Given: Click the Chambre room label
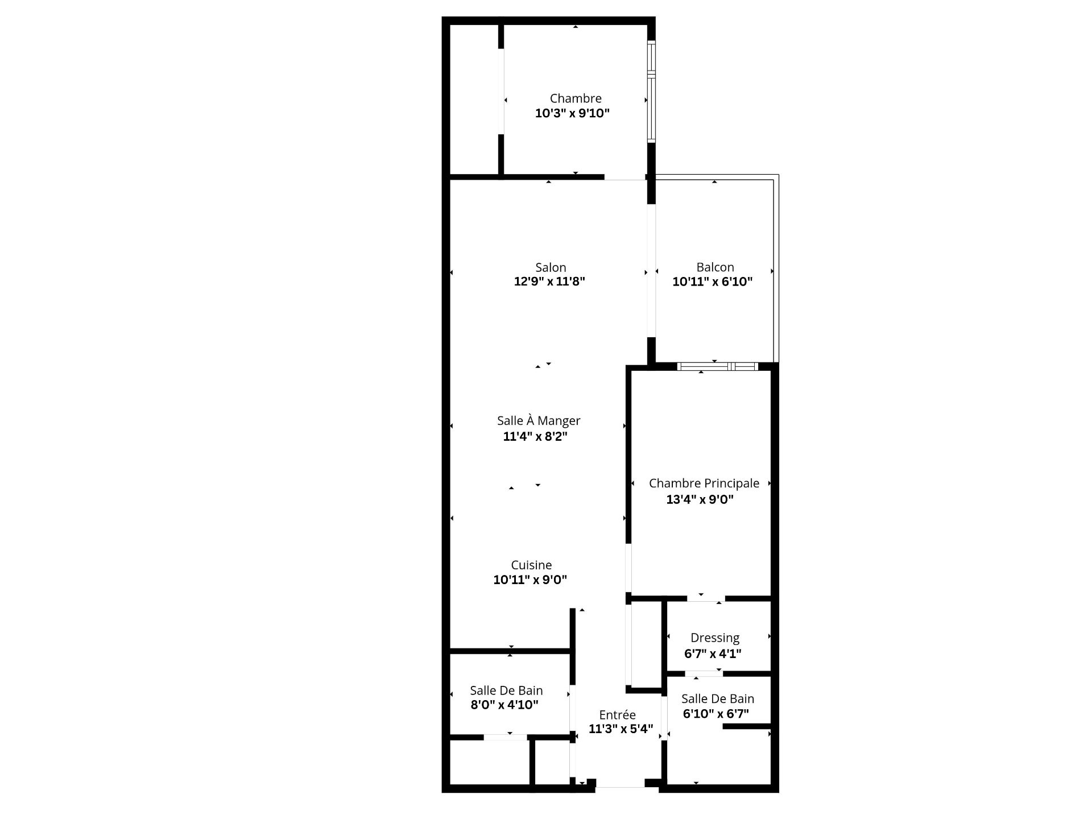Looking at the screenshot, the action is pyautogui.click(x=576, y=98).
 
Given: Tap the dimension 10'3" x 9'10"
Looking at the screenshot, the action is pyautogui.click(x=572, y=113).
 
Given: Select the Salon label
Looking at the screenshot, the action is pyautogui.click(x=551, y=267).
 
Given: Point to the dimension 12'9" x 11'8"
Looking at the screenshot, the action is pyautogui.click(x=549, y=282).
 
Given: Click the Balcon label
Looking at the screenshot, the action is pyautogui.click(x=715, y=267).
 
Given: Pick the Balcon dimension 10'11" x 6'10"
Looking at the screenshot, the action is pyautogui.click(x=713, y=282).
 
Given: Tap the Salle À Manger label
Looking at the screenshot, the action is pyautogui.click(x=539, y=421).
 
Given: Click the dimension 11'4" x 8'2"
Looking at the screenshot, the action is pyautogui.click(x=535, y=436).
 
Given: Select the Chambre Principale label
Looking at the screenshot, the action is pyautogui.click(x=704, y=483).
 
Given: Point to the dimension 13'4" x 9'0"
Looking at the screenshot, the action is pyautogui.click(x=700, y=499).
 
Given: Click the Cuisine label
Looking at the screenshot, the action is pyautogui.click(x=531, y=565).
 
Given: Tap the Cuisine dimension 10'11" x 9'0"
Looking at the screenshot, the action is pyautogui.click(x=530, y=580).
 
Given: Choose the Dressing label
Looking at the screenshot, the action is pyautogui.click(x=715, y=638).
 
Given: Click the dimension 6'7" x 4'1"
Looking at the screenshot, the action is pyautogui.click(x=713, y=653).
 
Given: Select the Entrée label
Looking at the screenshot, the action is pyautogui.click(x=617, y=715).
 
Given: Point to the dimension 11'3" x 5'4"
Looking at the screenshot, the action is pyautogui.click(x=621, y=729).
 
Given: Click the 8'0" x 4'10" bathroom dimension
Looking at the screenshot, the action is pyautogui.click(x=504, y=705).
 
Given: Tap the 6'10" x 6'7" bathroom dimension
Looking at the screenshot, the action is pyautogui.click(x=716, y=714).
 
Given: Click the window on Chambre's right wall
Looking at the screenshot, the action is pyautogui.click(x=652, y=91).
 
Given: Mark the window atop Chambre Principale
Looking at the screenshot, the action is pyautogui.click(x=717, y=366).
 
